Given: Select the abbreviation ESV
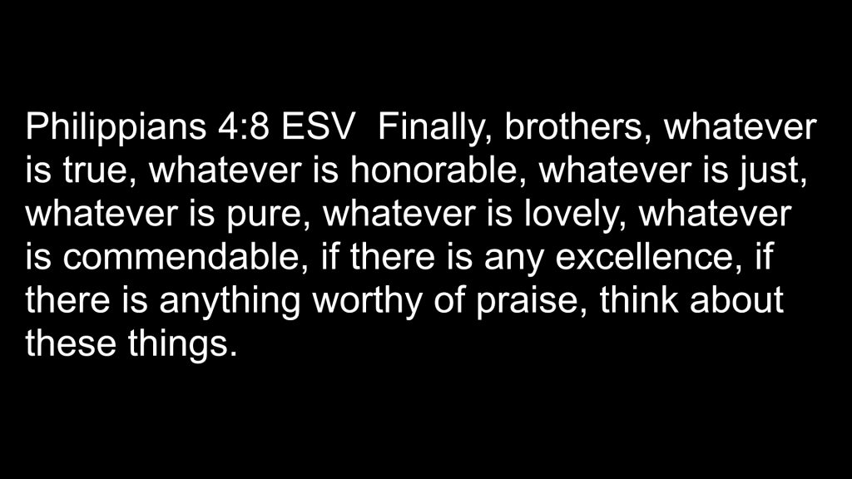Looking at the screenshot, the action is coord(317,126).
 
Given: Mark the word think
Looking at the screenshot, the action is coord(639,300).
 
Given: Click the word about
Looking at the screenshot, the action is coord(737,300).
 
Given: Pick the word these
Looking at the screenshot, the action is coord(71,343).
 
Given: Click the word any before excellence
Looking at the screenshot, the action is coord(513,260).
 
